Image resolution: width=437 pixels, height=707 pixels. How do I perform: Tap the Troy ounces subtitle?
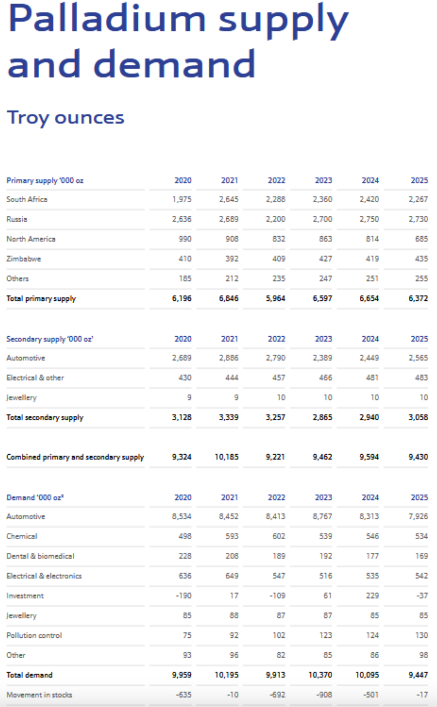66,118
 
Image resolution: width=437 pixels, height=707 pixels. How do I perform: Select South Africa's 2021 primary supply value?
229,199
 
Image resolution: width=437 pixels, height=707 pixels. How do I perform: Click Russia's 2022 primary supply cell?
275,219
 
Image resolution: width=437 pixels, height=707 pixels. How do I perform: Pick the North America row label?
31,239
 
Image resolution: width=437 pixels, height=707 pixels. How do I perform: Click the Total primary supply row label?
41,298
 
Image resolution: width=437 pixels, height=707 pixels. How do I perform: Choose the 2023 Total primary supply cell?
322,298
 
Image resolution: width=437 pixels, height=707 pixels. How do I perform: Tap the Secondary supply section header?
49,339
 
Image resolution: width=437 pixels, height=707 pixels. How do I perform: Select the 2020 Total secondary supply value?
182,417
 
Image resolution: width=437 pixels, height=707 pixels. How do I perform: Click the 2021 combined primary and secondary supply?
226,457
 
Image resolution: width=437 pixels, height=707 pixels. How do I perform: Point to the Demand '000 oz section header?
35,497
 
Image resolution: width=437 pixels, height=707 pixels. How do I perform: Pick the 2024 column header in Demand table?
370,497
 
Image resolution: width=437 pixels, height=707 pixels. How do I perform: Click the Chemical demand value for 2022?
278,536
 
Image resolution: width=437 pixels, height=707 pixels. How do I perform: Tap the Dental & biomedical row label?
40,556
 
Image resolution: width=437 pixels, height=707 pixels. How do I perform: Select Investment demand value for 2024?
372,596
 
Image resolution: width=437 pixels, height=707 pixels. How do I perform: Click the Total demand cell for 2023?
320,675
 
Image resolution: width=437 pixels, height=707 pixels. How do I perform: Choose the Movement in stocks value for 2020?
184,695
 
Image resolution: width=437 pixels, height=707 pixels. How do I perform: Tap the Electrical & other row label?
35,378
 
